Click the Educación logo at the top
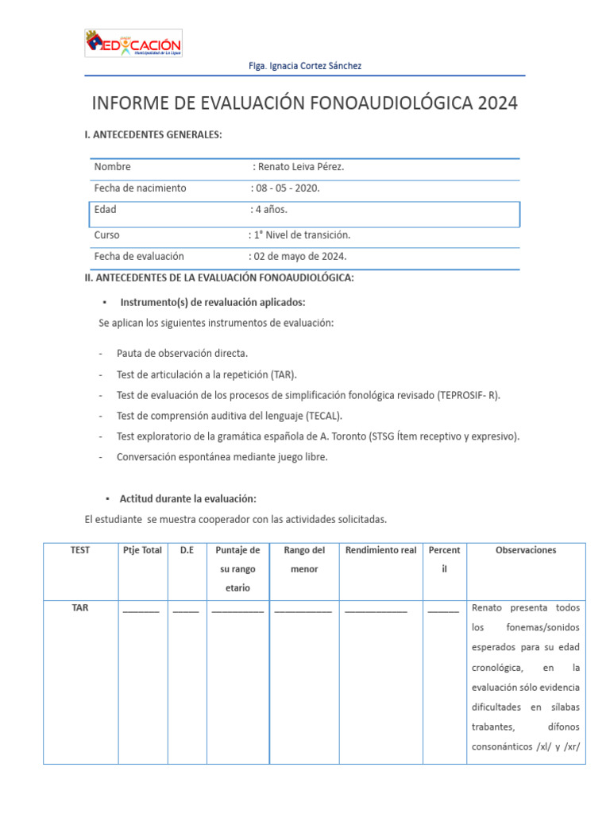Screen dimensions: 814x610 [133, 44]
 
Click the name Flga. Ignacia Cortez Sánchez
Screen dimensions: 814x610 [305, 66]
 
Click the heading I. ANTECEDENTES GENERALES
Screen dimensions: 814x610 [153, 135]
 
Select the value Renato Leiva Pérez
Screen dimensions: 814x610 [301, 167]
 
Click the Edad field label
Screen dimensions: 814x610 [105, 210]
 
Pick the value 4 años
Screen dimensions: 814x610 [271, 210]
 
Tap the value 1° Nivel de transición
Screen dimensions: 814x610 [301, 235]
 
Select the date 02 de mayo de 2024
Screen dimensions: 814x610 [299, 257]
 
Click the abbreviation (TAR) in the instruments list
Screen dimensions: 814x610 [283, 374]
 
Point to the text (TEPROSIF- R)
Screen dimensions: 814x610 [469, 395]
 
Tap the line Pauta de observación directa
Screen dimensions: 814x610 [182, 353]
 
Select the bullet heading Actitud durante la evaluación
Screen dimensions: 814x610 [187, 498]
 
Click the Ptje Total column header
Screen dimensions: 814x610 [142, 550]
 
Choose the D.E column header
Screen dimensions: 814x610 [186, 550]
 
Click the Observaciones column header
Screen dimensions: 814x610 [526, 550]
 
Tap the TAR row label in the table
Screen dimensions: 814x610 [80, 607]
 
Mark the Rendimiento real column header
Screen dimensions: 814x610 [380, 550]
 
